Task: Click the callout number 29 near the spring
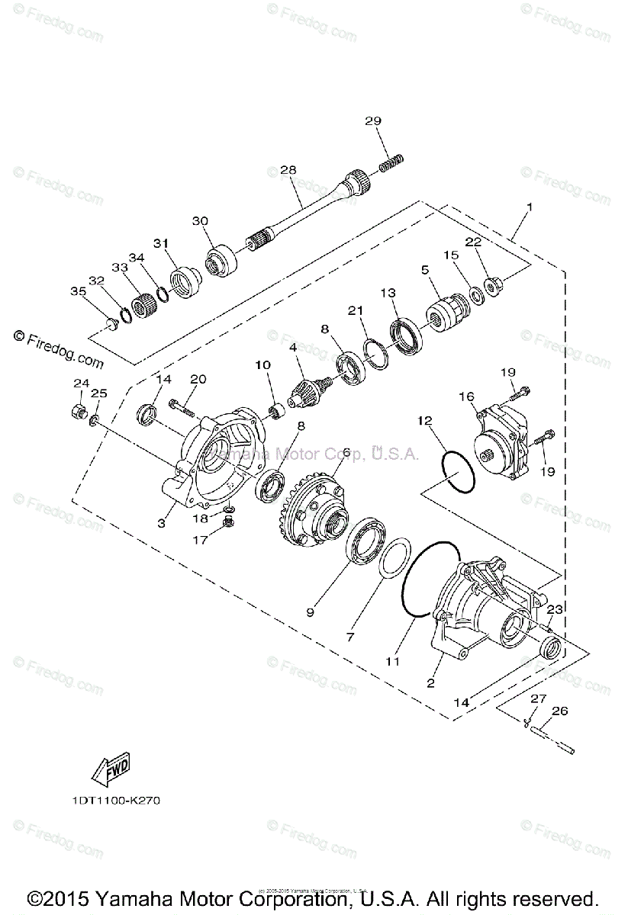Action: coord(372,121)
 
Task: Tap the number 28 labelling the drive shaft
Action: coord(288,170)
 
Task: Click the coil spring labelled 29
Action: coord(392,162)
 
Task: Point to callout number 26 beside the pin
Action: coord(559,711)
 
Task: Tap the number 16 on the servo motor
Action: coord(466,396)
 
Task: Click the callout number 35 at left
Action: coord(79,291)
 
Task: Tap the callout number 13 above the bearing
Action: coord(388,293)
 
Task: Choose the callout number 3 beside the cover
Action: coord(162,523)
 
